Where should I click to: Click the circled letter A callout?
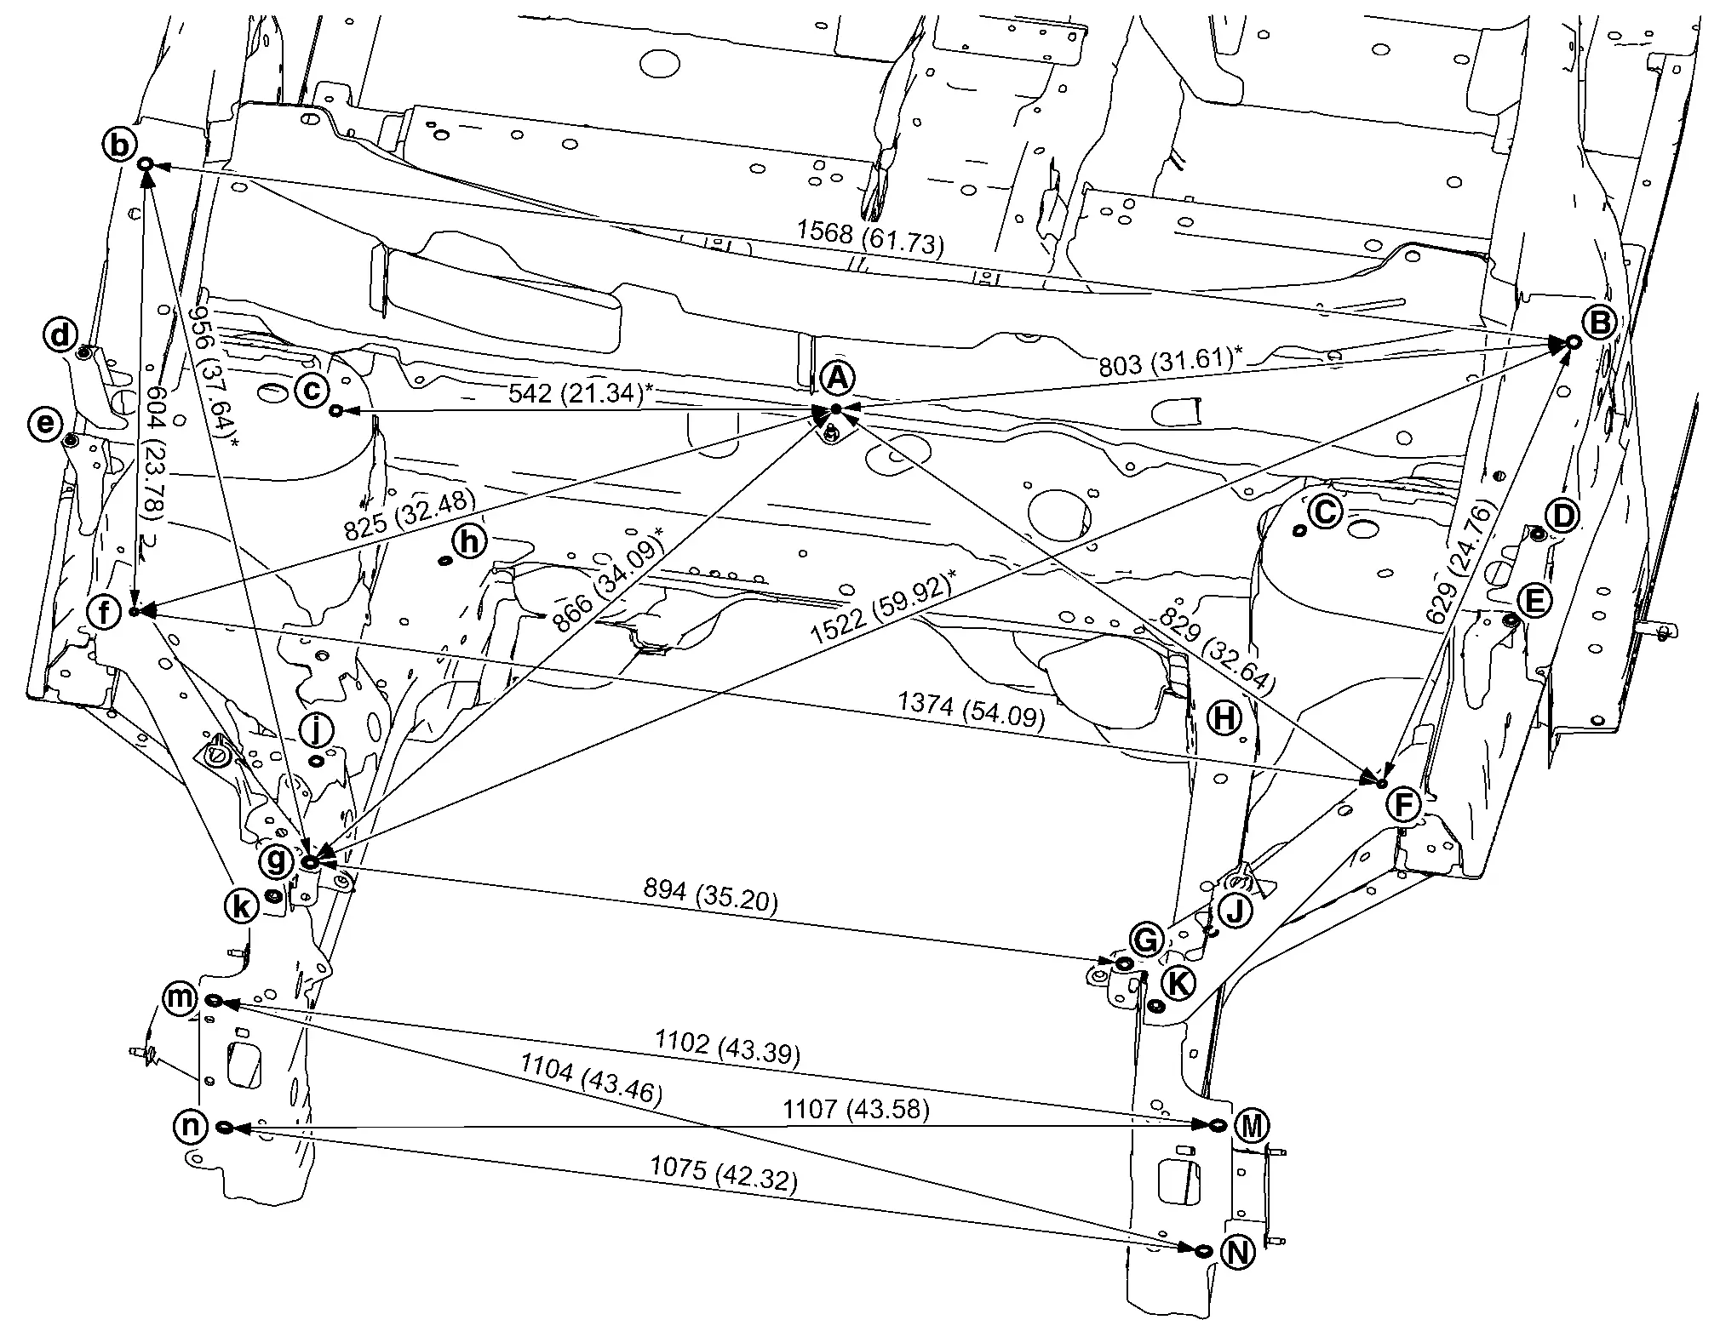click(x=837, y=379)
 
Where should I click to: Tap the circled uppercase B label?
click(x=1599, y=323)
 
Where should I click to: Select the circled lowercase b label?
click(x=120, y=145)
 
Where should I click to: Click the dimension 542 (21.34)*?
click(x=581, y=393)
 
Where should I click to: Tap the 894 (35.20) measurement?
click(x=711, y=895)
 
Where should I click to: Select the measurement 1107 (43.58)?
click(x=857, y=1109)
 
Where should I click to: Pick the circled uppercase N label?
click(x=1238, y=1252)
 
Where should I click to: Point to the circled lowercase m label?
click(x=181, y=997)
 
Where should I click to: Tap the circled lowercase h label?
click(x=471, y=541)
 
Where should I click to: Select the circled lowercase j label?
click(x=316, y=728)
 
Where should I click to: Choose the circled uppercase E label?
click(x=1534, y=602)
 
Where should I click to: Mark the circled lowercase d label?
click(x=60, y=335)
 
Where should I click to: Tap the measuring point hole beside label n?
click(x=225, y=1127)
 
